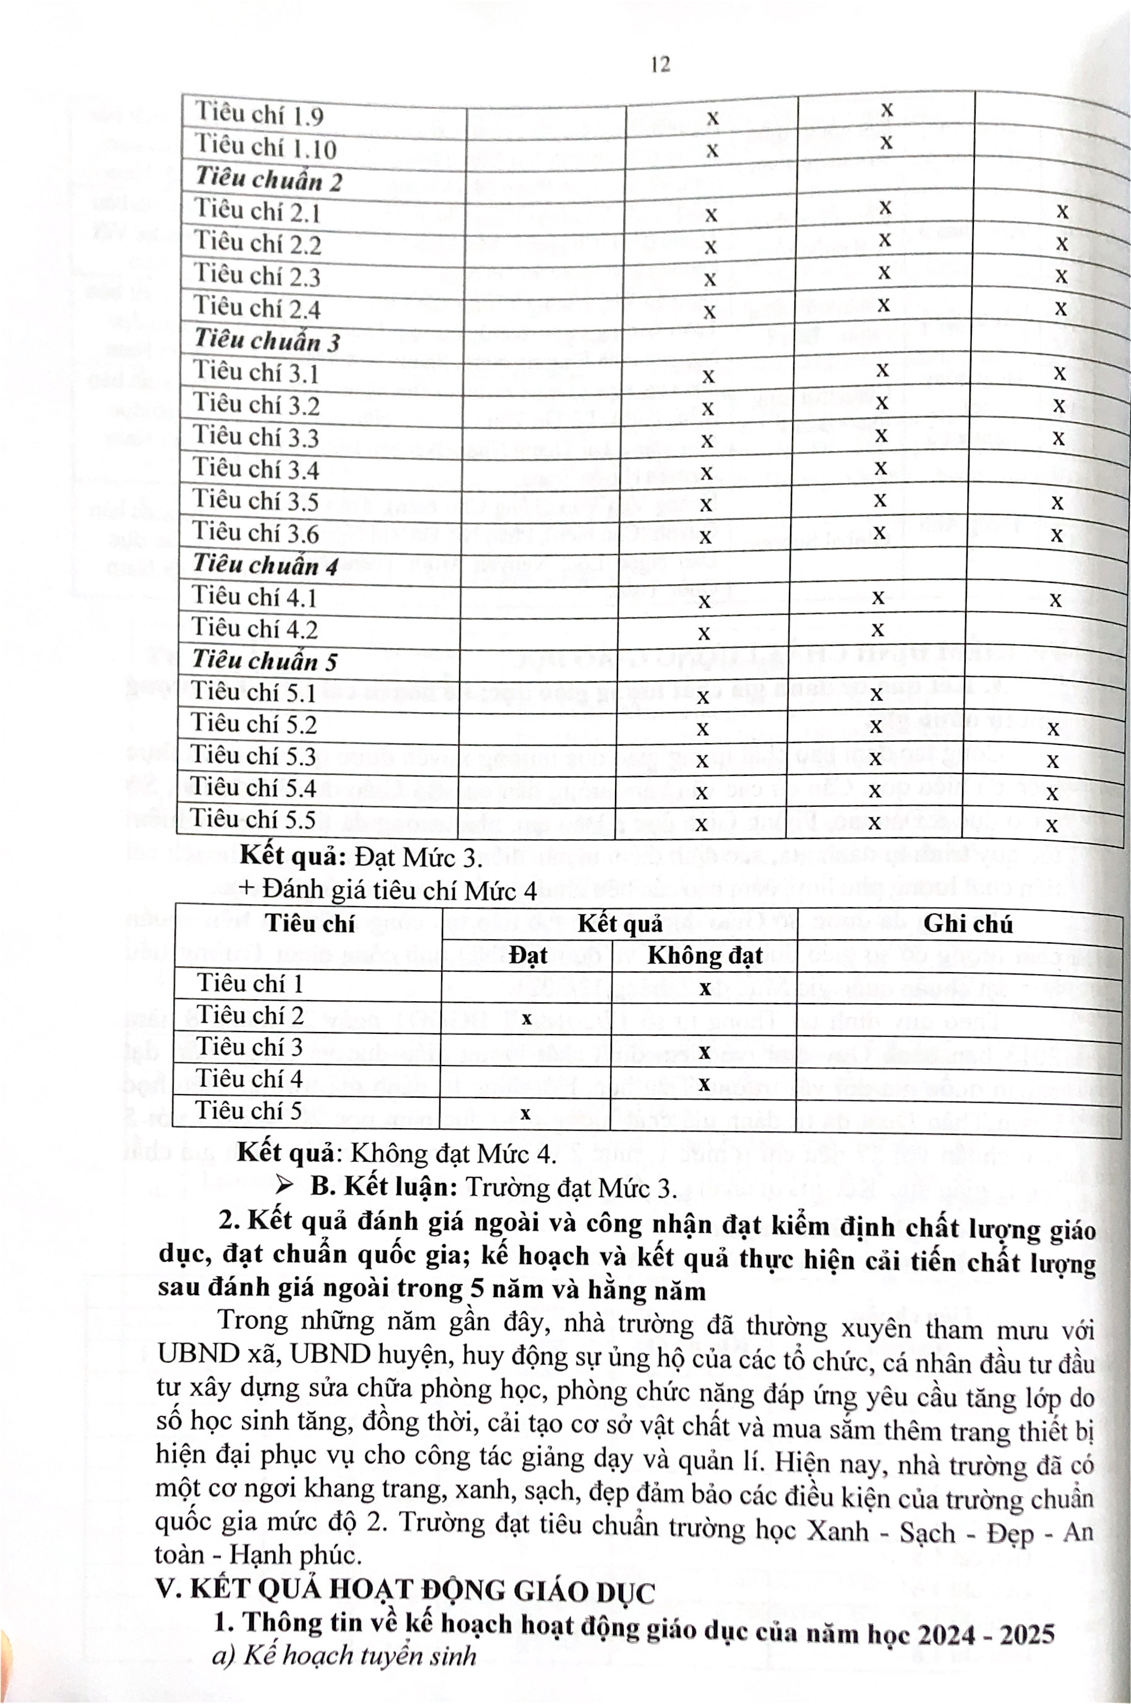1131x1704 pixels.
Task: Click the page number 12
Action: click(x=660, y=65)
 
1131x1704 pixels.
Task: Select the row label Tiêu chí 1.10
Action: click(x=265, y=147)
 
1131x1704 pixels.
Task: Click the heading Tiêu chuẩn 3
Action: click(x=266, y=340)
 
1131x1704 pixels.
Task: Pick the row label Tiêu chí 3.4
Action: click(x=256, y=470)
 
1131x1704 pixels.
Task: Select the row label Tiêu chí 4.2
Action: click(x=255, y=629)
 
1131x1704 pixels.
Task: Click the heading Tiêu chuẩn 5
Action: click(x=264, y=661)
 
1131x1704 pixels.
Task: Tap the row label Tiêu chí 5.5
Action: click(x=253, y=820)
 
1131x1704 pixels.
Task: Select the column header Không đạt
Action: click(x=705, y=956)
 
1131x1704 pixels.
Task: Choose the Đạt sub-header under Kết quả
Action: click(x=527, y=956)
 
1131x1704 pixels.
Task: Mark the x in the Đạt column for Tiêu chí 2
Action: click(x=527, y=1019)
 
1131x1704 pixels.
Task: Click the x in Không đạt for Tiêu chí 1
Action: click(x=705, y=988)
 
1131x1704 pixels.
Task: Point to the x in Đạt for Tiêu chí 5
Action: click(x=525, y=1113)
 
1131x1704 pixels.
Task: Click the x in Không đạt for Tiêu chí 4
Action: click(x=704, y=1083)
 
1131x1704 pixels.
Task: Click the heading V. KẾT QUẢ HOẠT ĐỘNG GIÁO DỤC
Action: click(x=405, y=1590)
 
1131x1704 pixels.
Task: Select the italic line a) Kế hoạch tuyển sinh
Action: click(x=345, y=1655)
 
